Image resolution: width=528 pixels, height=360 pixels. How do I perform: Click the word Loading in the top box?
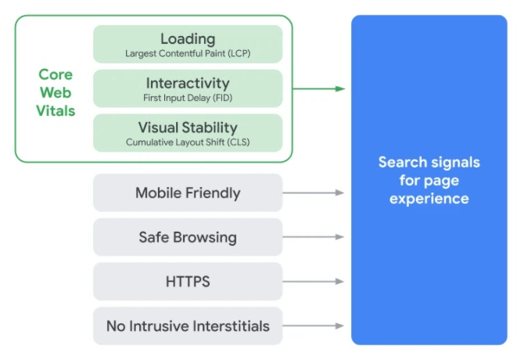coord(188,38)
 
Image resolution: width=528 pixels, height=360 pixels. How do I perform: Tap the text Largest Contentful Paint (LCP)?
coord(188,54)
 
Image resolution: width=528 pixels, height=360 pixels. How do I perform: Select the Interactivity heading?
coord(188,83)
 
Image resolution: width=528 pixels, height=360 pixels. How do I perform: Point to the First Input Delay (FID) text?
coord(188,99)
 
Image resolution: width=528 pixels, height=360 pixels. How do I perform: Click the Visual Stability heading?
coord(188,128)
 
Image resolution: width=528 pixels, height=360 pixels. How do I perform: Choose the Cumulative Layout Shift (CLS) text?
coord(188,143)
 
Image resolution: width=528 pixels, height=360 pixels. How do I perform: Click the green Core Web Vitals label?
coord(56,92)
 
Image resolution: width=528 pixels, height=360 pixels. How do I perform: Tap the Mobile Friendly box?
coord(188,193)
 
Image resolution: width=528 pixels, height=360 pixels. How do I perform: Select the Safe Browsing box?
coord(188,237)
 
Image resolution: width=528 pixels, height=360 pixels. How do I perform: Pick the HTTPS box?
coord(188,282)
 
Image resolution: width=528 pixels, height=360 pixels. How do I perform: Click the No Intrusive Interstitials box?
coord(188,326)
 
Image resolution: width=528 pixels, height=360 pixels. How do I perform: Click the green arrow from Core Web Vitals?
coord(319,88)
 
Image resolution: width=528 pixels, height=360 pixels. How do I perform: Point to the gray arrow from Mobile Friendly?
coord(313,193)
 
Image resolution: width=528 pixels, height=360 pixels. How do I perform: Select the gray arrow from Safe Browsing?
coord(313,237)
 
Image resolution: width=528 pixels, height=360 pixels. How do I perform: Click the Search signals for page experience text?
coord(429,181)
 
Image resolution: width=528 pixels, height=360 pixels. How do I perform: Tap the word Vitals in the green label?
coord(56,110)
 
